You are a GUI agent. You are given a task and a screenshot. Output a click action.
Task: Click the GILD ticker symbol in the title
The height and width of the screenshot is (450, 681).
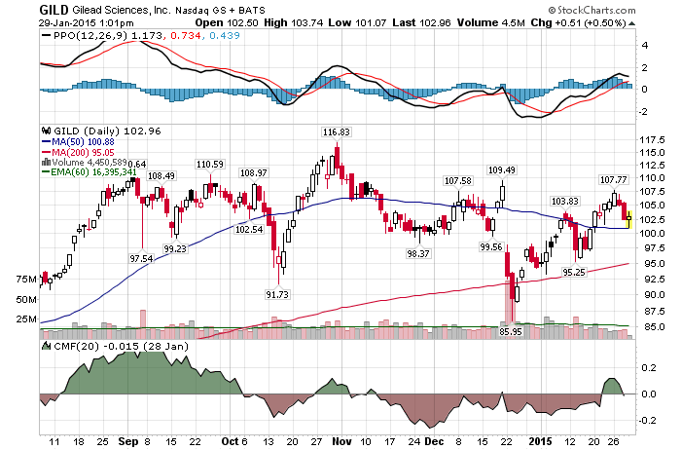click(54, 10)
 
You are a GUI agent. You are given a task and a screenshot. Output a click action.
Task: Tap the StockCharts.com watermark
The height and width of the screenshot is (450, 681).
click(591, 10)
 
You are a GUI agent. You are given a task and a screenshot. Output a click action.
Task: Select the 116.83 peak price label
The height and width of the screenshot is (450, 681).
click(337, 131)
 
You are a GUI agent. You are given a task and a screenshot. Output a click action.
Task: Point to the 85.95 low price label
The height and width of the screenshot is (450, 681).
click(511, 331)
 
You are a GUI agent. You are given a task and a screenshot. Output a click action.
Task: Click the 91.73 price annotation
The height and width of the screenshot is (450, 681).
click(277, 294)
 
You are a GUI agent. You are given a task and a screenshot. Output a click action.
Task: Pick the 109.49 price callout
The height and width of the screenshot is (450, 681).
click(502, 170)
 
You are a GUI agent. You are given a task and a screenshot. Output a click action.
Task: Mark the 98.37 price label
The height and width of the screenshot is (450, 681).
click(418, 253)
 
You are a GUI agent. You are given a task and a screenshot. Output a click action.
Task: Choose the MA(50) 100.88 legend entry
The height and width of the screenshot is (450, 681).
click(78, 142)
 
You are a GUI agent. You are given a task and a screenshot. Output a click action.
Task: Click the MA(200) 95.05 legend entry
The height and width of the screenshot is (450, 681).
click(78, 152)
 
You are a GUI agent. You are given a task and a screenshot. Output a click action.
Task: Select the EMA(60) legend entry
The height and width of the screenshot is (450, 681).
click(90, 172)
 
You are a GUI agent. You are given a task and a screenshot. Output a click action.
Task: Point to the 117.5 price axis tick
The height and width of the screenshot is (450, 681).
click(653, 139)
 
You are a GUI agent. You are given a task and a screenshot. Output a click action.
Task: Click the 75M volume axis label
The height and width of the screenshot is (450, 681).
click(26, 280)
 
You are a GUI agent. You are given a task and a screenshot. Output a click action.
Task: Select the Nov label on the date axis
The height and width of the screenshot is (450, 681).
click(341, 441)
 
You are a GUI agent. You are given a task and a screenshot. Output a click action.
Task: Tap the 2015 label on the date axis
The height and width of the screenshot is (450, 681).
click(540, 441)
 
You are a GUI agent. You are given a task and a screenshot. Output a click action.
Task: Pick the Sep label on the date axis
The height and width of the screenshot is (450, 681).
click(128, 441)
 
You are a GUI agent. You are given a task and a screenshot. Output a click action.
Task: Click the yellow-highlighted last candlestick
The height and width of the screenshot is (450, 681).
click(628, 219)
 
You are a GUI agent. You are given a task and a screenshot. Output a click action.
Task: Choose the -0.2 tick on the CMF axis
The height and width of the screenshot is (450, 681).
click(649, 420)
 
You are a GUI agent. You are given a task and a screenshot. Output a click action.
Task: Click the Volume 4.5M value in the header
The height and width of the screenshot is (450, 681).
click(490, 22)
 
